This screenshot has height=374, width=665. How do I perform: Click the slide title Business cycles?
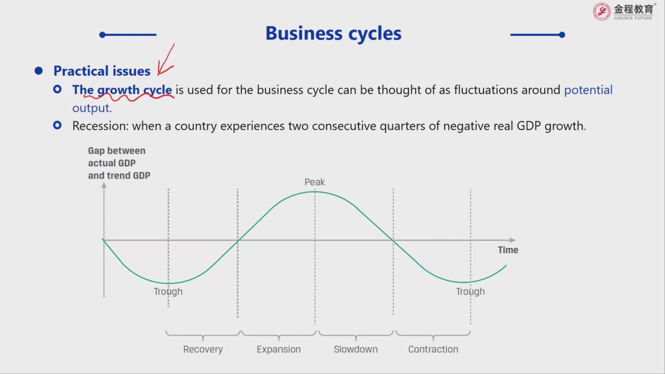[x=333, y=34]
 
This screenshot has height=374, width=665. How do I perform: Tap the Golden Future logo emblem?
[x=602, y=12]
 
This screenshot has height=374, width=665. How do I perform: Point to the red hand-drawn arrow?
[x=166, y=60]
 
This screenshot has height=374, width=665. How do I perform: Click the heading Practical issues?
[x=102, y=71]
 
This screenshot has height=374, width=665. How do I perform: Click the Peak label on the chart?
[x=315, y=182]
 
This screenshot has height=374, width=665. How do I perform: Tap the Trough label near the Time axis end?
[x=470, y=292]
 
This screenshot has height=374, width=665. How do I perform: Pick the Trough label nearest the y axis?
[x=168, y=292]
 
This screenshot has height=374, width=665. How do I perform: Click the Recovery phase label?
[x=203, y=349]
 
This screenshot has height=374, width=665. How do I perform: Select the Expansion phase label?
[x=279, y=349]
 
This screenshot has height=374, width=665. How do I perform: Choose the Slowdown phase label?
[x=356, y=349]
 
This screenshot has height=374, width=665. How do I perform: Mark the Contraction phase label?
[x=433, y=349]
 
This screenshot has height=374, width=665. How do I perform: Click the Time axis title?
[x=508, y=250]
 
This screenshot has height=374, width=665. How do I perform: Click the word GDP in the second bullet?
[x=529, y=126]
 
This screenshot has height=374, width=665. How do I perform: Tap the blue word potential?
[x=588, y=90]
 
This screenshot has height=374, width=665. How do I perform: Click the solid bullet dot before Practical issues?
[x=39, y=71]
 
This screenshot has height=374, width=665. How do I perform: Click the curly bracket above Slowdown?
[x=356, y=335]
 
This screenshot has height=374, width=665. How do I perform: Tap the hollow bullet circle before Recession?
[x=57, y=125]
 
